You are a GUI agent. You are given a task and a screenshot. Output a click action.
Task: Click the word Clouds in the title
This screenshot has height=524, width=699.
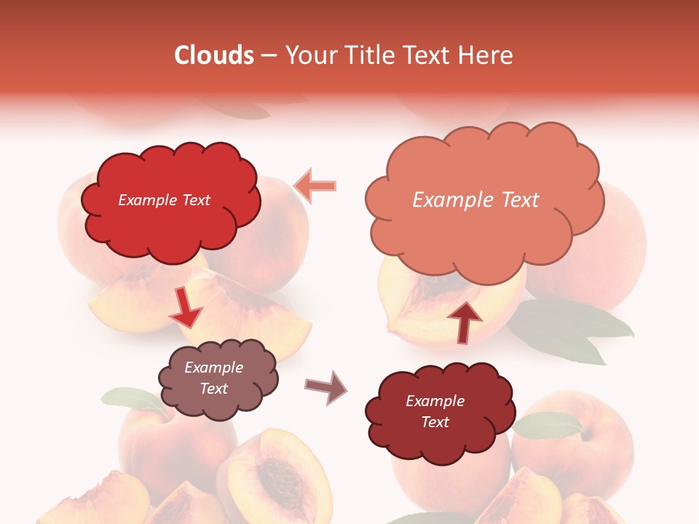(x=214, y=55)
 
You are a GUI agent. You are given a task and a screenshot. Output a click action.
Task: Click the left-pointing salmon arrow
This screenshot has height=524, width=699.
(x=316, y=186)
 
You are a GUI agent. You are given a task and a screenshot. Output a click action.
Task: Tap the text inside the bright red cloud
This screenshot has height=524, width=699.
(x=164, y=200)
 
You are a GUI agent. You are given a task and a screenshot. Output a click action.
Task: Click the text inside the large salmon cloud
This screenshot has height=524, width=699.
(x=475, y=200)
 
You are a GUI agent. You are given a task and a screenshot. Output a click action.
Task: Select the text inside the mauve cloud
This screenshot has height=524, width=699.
(x=214, y=378)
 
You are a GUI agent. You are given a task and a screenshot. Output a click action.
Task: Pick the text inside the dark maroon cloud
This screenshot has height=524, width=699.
(x=435, y=411)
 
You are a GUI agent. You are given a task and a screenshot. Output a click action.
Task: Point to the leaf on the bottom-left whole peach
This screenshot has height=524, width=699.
(x=131, y=398)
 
